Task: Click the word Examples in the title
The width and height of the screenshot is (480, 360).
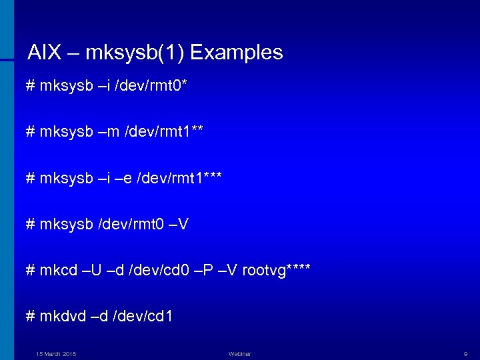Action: click(x=238, y=53)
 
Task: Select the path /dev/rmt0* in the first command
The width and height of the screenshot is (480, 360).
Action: click(x=153, y=87)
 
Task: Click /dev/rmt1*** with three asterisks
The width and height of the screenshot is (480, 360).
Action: click(x=179, y=178)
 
